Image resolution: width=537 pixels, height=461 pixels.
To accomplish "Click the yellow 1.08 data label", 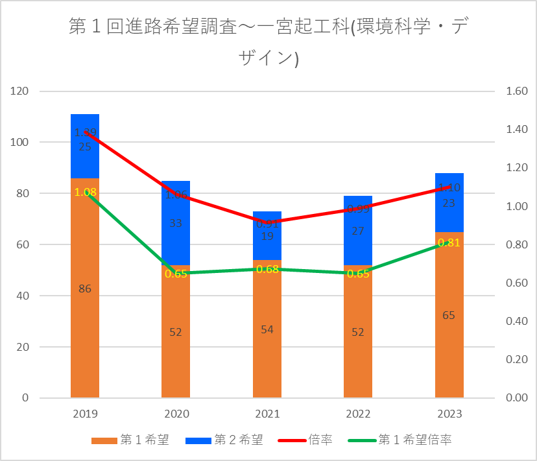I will tap(85, 192).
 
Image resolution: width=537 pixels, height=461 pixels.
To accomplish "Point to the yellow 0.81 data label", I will tap(449, 242).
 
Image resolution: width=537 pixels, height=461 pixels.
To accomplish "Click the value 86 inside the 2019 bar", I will tap(85, 289).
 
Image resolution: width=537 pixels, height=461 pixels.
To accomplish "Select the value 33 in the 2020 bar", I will tap(176, 223).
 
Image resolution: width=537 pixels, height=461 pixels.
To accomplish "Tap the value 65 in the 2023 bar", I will tap(449, 316).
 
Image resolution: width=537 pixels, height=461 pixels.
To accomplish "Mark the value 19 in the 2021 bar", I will tap(267, 236).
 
